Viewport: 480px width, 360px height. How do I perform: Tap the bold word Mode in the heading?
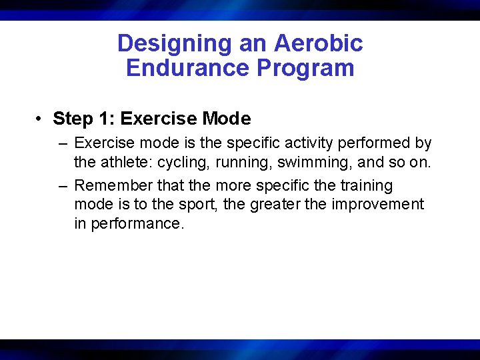point(226,119)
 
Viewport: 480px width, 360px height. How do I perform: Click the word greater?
point(275,204)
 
